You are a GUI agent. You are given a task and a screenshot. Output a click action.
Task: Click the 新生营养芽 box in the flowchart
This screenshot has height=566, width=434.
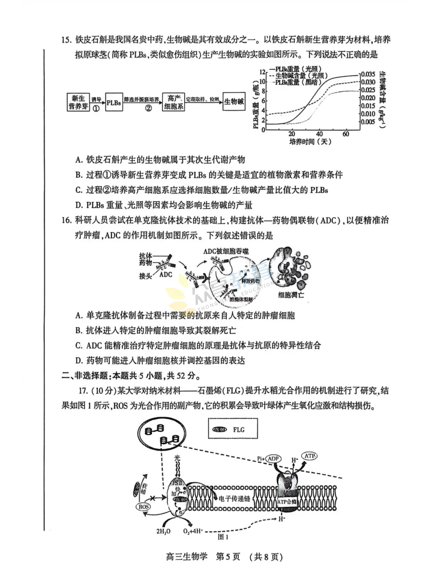78,103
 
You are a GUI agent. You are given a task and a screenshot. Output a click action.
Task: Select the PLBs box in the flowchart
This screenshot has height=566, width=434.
114,103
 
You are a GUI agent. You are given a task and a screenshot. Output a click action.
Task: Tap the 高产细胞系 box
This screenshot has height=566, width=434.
174,103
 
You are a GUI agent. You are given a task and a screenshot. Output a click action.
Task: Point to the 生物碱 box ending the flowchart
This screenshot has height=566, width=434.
234,102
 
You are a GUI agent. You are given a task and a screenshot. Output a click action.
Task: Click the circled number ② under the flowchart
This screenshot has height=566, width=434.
148,109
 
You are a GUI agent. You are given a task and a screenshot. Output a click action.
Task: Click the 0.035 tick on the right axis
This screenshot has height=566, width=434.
368,74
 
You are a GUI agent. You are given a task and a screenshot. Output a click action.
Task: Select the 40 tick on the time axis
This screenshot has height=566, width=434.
319,134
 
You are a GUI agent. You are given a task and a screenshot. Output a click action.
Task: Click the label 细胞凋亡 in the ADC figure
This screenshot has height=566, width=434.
291,295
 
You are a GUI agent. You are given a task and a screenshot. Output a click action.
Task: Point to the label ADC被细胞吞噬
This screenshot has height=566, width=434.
226,251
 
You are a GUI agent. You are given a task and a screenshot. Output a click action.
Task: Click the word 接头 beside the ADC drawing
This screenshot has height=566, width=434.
145,276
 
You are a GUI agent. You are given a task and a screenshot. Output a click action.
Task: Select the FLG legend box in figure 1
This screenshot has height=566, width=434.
233,430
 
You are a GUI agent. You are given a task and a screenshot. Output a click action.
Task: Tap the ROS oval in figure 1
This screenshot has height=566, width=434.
143,507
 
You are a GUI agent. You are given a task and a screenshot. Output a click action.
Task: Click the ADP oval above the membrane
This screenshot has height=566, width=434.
273,459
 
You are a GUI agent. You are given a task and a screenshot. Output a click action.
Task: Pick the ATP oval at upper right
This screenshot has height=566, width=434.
309,456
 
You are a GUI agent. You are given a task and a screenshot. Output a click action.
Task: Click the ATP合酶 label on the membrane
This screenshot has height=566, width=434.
287,502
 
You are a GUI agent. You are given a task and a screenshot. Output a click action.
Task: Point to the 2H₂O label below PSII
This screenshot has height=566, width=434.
163,531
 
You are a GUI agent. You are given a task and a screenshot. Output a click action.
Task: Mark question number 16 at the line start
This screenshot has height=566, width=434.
67,220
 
